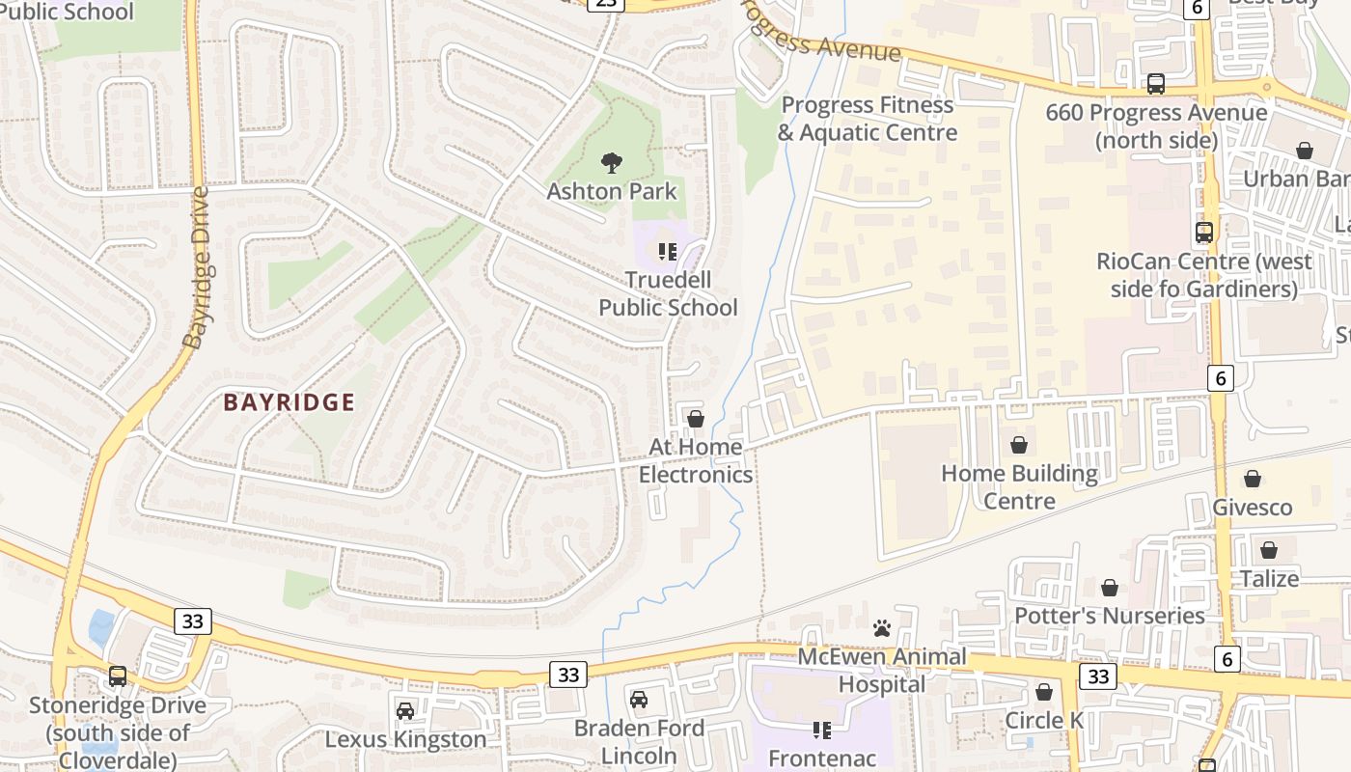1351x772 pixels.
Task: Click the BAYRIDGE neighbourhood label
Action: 289,402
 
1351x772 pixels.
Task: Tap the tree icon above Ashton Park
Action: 611,163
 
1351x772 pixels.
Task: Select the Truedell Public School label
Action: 668,293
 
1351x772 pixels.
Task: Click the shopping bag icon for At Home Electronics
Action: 695,419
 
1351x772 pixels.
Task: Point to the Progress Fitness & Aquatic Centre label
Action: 868,119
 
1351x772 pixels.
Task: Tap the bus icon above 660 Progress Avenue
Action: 1156,84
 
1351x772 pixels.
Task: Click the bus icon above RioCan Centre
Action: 1203,233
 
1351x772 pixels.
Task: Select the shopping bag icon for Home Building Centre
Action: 1018,445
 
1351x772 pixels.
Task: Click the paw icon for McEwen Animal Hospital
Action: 881,628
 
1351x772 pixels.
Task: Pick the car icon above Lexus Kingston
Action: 405,711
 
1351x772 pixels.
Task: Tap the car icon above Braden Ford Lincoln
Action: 638,700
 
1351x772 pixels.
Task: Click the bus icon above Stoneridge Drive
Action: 117,676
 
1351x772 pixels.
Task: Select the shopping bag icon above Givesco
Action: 1252,479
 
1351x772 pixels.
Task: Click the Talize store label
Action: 1269,578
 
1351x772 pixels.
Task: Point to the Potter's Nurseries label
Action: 1109,616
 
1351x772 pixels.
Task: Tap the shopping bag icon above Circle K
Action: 1043,692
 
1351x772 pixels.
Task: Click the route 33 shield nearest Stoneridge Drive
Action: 193,620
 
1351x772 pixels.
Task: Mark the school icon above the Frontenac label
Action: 821,731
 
